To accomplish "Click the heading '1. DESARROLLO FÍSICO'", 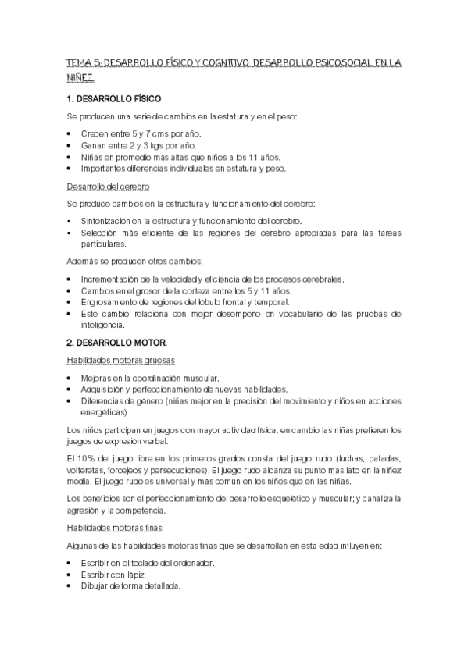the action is pyautogui.click(x=114, y=100).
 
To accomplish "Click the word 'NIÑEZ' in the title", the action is pyautogui.click(x=80, y=78).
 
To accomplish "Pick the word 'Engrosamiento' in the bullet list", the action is pyautogui.click(x=109, y=302).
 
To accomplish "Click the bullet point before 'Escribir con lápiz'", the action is pyautogui.click(x=70, y=575).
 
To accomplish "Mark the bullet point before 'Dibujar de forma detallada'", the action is pyautogui.click(x=70, y=586).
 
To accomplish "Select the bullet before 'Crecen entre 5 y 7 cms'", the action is pyautogui.click(x=70, y=134).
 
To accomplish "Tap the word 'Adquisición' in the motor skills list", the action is pyautogui.click(x=103, y=389).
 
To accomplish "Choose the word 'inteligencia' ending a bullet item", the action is pyautogui.click(x=104, y=326).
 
